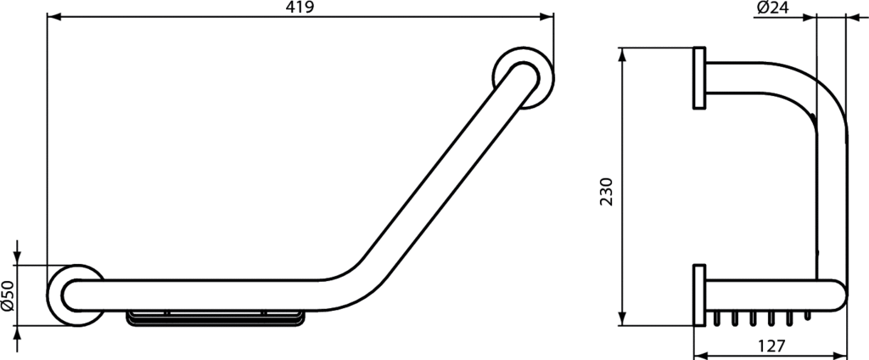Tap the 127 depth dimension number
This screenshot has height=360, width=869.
point(770,346)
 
